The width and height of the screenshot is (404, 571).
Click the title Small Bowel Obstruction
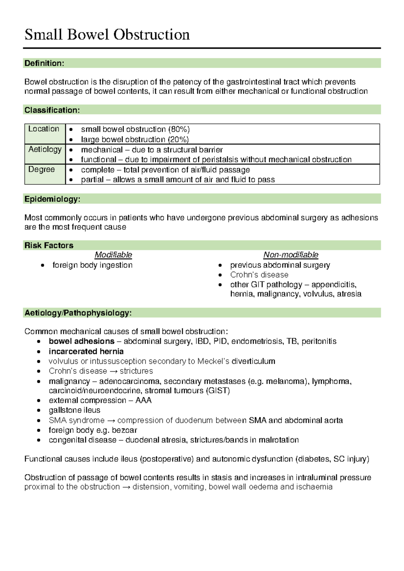point(107,35)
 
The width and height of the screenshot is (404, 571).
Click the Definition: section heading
point(44,63)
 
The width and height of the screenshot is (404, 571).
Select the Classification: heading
point(52,110)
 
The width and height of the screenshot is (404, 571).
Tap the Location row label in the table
point(44,129)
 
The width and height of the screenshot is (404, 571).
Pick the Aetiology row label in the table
point(45,149)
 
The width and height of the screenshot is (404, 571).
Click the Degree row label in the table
point(41,169)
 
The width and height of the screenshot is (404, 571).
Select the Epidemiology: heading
point(52,199)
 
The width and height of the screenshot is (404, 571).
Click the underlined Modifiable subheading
point(113,255)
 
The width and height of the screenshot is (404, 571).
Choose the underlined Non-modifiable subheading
point(291,255)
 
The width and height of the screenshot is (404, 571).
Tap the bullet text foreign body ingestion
point(93,265)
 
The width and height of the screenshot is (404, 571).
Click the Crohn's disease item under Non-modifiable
point(259,275)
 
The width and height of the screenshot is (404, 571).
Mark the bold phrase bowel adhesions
point(81,341)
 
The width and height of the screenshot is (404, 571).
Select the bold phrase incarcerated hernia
point(86,351)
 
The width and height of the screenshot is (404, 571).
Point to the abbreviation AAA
point(143,401)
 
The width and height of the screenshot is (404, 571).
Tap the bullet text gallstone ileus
point(74,410)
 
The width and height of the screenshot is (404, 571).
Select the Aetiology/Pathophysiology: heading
point(78,313)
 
